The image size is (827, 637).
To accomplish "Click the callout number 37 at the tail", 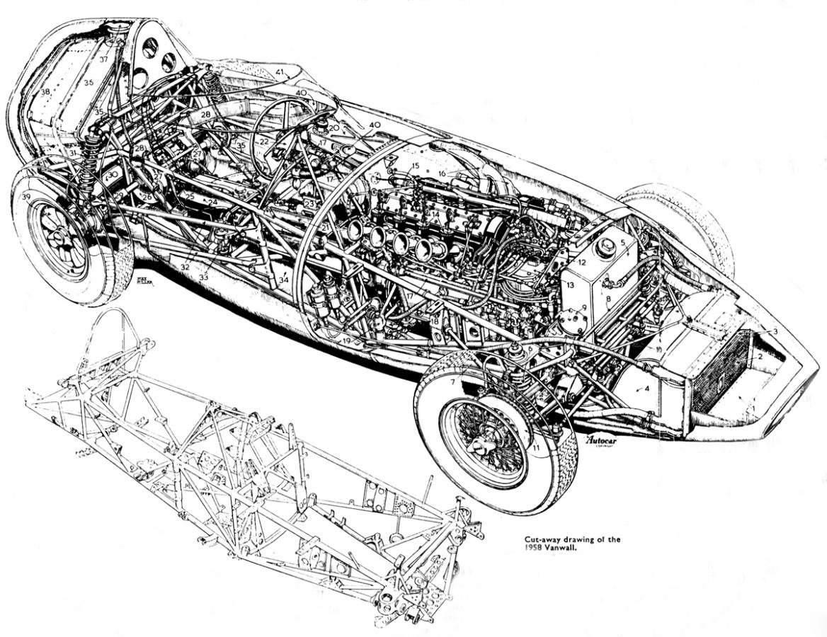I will (x=103, y=59).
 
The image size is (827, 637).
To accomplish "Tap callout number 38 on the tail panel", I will (x=45, y=92).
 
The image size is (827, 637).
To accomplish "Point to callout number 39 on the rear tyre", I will (x=26, y=196).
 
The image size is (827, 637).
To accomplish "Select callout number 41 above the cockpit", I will (x=280, y=71).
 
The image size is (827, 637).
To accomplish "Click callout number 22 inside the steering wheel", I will (x=263, y=142).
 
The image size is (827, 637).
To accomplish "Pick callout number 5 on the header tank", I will (x=623, y=242).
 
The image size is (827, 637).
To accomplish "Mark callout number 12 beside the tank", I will (x=581, y=262).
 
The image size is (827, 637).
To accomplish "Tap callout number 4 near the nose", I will (x=646, y=389).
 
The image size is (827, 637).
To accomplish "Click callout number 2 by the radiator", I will (x=760, y=356).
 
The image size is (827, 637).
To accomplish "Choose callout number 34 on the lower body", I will (x=284, y=280).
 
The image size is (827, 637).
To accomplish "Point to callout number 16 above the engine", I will (x=441, y=173).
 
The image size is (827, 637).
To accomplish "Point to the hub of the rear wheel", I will (x=59, y=239).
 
